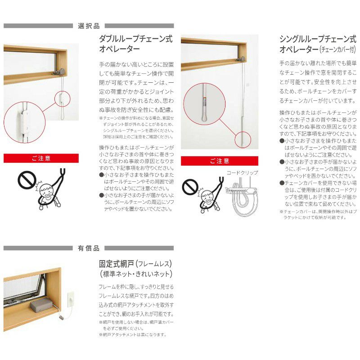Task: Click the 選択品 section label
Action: coord(89,26)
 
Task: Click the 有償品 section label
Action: coord(89,248)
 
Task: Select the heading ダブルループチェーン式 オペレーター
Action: coord(135,44)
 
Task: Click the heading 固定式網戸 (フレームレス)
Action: coord(135,263)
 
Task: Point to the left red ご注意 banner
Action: coord(41,158)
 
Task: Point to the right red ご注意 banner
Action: coord(220,161)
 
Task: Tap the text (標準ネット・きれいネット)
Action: coord(135,274)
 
